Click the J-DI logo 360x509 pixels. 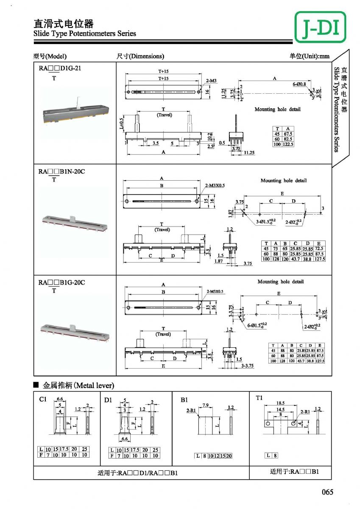[320, 27]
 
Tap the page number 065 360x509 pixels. [328, 492]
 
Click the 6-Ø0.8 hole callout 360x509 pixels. [299, 84]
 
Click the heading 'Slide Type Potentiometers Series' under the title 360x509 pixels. [85, 34]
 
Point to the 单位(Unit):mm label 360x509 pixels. [310, 56]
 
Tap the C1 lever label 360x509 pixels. [43, 399]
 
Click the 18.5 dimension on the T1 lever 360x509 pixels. [279, 403]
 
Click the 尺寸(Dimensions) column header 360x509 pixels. [140, 56]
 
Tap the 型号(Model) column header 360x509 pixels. [50, 56]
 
